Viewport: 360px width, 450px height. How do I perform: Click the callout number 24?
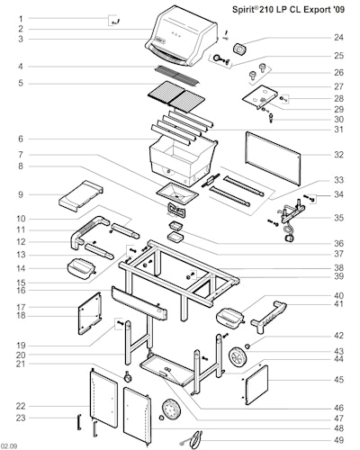pyautogui.click(x=338, y=38)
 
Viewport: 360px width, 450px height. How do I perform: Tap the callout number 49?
pyautogui.click(x=338, y=440)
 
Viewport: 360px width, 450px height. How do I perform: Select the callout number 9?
pyautogui.click(x=21, y=194)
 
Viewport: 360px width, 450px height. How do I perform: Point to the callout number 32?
pyautogui.click(x=338, y=155)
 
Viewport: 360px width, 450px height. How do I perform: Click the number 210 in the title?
pyautogui.click(x=271, y=10)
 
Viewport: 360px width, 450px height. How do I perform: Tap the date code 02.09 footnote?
pyautogui.click(x=9, y=446)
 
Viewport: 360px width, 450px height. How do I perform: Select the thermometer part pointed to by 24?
pyautogui.click(x=239, y=49)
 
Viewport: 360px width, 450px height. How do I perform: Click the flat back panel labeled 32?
pyautogui.click(x=273, y=157)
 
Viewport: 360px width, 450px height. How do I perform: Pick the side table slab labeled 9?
pyautogui.click(x=80, y=196)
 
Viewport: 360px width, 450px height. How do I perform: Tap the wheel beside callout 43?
pyautogui.click(x=238, y=357)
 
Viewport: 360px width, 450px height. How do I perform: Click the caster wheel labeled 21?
pyautogui.click(x=128, y=376)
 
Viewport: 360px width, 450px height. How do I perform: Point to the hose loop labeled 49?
pyautogui.click(x=196, y=439)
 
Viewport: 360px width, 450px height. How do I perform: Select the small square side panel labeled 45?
pyautogui.click(x=256, y=384)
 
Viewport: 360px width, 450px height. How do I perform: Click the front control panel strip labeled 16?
pyautogui.click(x=139, y=303)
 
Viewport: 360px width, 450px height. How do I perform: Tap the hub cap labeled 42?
pyautogui.click(x=247, y=346)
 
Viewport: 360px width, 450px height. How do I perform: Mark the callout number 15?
pyautogui.click(x=21, y=283)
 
